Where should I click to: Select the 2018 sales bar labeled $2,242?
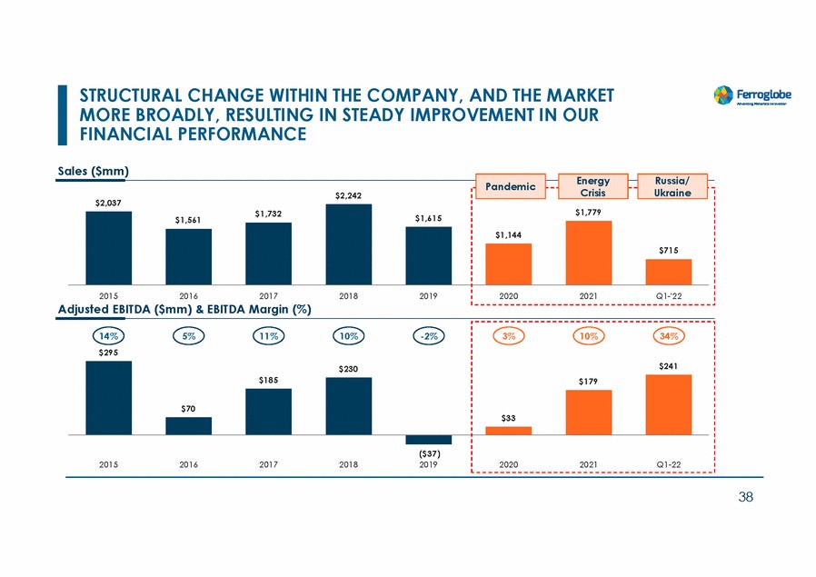(348, 243)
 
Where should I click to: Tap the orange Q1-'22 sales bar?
(668, 272)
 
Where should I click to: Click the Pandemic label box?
(509, 185)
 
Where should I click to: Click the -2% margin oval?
(428, 335)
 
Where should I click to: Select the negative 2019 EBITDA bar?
(428, 440)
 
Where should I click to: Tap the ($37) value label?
(428, 453)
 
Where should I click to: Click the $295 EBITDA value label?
(108, 352)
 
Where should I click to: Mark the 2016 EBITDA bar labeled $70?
(188, 425)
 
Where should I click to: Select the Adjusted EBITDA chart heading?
(185, 310)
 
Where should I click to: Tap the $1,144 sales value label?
(509, 235)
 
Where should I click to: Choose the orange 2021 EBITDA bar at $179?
(588, 412)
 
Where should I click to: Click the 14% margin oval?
(108, 335)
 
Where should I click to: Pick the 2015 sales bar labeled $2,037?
(108, 247)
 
